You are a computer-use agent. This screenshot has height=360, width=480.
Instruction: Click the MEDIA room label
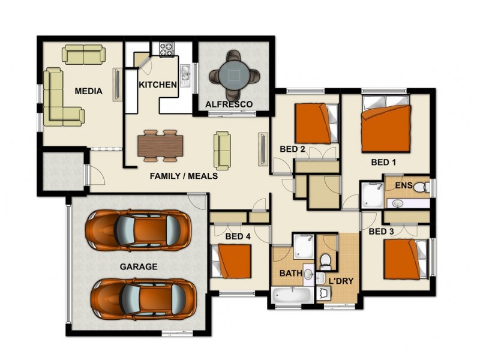tap(88, 92)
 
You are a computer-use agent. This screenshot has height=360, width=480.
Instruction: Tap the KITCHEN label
tap(158, 85)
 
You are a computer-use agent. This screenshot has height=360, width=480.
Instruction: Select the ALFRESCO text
tap(229, 104)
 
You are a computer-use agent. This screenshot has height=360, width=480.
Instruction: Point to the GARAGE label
tap(138, 267)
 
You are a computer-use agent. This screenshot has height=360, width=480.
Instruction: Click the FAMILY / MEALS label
tap(183, 176)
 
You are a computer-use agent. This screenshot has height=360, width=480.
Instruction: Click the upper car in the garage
tap(138, 230)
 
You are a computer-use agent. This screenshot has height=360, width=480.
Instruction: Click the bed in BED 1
tap(386, 128)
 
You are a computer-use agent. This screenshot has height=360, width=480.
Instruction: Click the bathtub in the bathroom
tap(291, 296)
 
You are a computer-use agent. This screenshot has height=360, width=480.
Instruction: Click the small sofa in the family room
tap(222, 150)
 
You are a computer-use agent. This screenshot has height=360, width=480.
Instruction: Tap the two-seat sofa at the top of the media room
tap(84, 55)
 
